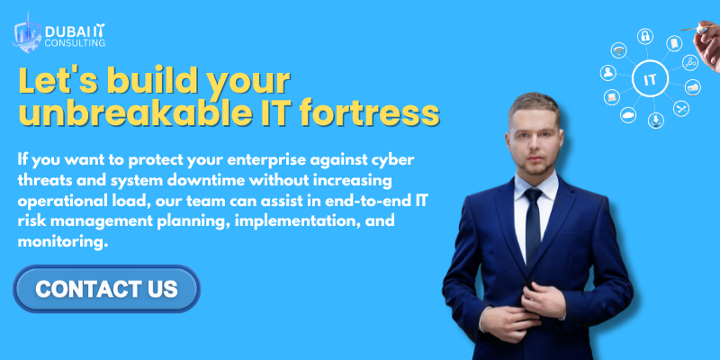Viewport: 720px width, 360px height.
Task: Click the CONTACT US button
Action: [x=106, y=289]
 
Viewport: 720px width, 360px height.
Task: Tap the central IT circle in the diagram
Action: [x=649, y=79]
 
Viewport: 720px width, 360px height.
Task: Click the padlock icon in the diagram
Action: [x=645, y=37]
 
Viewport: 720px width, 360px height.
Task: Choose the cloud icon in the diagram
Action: [x=627, y=113]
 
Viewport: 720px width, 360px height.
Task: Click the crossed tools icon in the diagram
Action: [x=681, y=109]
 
